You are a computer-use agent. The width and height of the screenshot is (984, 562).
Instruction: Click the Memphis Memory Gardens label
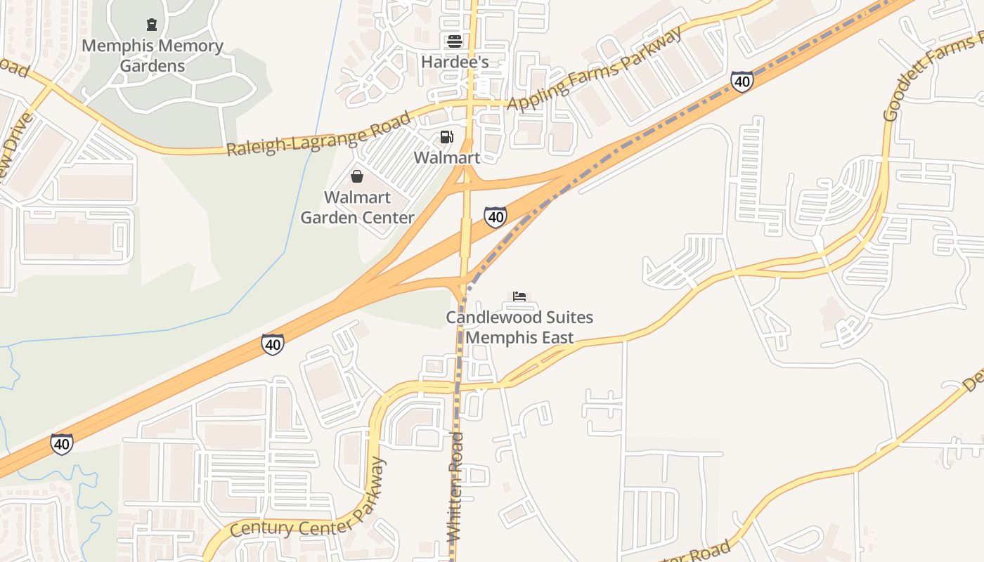[153, 56]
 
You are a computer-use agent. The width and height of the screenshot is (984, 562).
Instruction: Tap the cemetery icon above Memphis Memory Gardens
[152, 25]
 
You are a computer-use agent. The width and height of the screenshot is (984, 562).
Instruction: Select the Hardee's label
[455, 62]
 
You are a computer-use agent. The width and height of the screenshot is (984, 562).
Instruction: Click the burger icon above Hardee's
[455, 41]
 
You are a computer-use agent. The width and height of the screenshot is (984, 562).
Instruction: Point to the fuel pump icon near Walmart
[446, 137]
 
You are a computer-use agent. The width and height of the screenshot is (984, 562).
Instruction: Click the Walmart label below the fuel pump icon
[446, 157]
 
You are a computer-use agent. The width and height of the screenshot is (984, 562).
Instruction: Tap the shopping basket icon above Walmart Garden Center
[357, 176]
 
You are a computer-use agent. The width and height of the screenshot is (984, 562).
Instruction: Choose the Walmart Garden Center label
[357, 207]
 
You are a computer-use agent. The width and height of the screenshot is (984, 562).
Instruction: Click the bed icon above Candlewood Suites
[519, 296]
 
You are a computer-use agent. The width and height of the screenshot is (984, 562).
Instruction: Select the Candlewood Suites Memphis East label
[519, 327]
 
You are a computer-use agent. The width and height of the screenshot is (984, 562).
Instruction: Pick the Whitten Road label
[456, 486]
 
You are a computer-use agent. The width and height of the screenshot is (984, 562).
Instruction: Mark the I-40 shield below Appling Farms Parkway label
[742, 81]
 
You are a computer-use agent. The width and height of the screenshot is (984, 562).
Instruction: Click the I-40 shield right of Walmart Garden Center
[496, 217]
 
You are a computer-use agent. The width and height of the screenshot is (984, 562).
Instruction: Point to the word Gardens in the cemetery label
[153, 66]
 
